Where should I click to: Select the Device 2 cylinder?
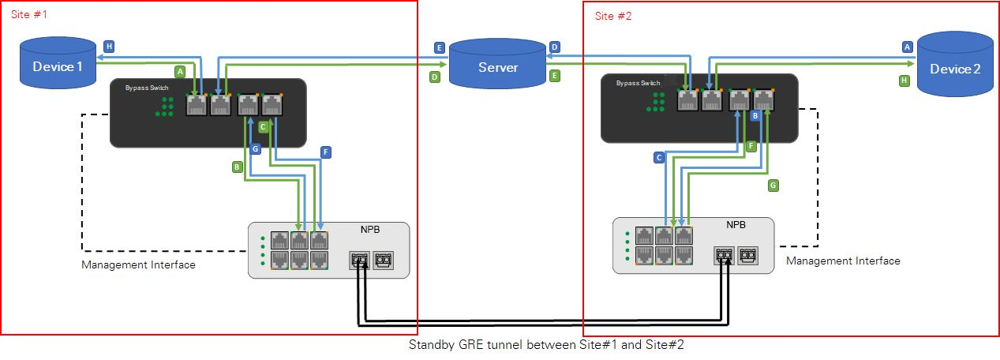tap(955, 69)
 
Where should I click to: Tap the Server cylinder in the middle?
tap(498, 67)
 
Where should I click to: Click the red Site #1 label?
tap(28, 14)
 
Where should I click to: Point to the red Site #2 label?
tap(613, 16)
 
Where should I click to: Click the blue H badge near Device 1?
tap(109, 47)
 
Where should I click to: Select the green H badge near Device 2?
tap(904, 80)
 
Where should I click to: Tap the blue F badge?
tap(327, 152)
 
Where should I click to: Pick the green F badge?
tap(751, 146)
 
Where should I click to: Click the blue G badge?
tap(255, 148)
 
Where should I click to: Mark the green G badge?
tap(773, 186)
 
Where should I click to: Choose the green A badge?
tap(179, 71)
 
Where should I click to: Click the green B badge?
tap(236, 167)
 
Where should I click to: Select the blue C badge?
tap(659, 157)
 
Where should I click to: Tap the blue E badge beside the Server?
tap(440, 48)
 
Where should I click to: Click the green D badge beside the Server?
tap(434, 77)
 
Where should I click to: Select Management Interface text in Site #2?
tap(843, 261)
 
